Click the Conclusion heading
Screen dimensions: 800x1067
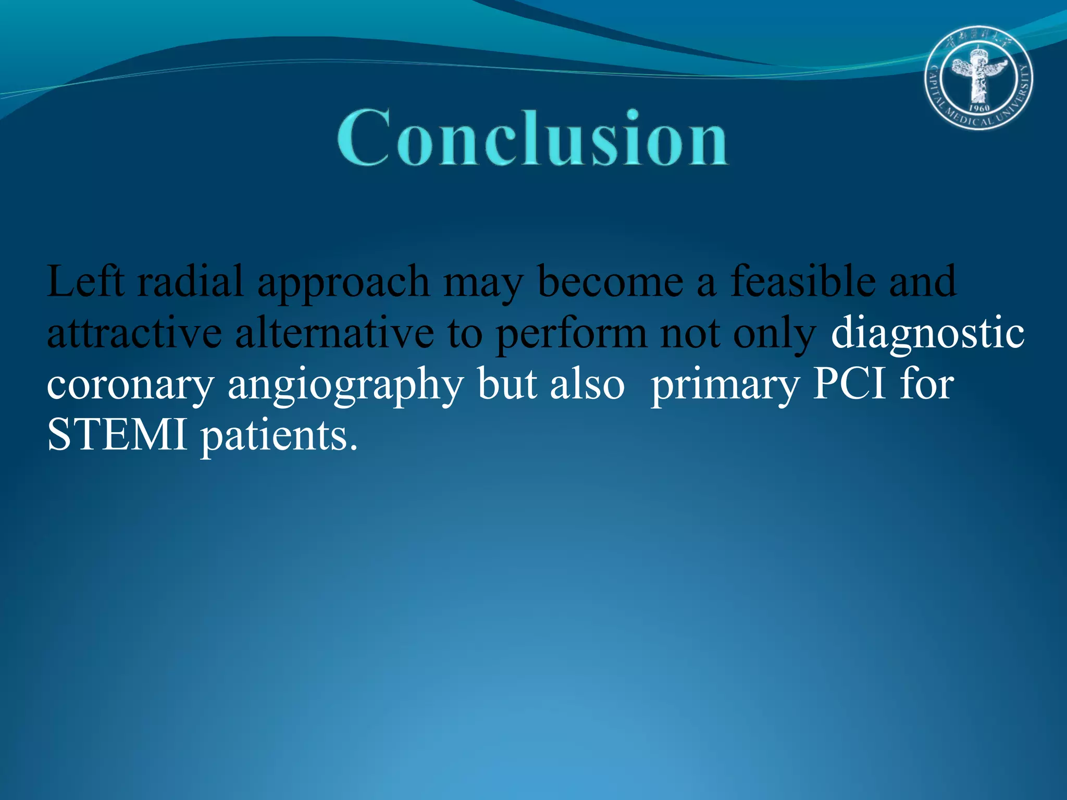tap(532, 138)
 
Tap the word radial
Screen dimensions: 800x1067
tap(191, 282)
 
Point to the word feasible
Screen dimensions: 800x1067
tap(803, 282)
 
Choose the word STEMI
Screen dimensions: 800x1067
tap(117, 435)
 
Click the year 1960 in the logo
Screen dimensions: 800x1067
tap(979, 108)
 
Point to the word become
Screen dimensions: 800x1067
tap(610, 282)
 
